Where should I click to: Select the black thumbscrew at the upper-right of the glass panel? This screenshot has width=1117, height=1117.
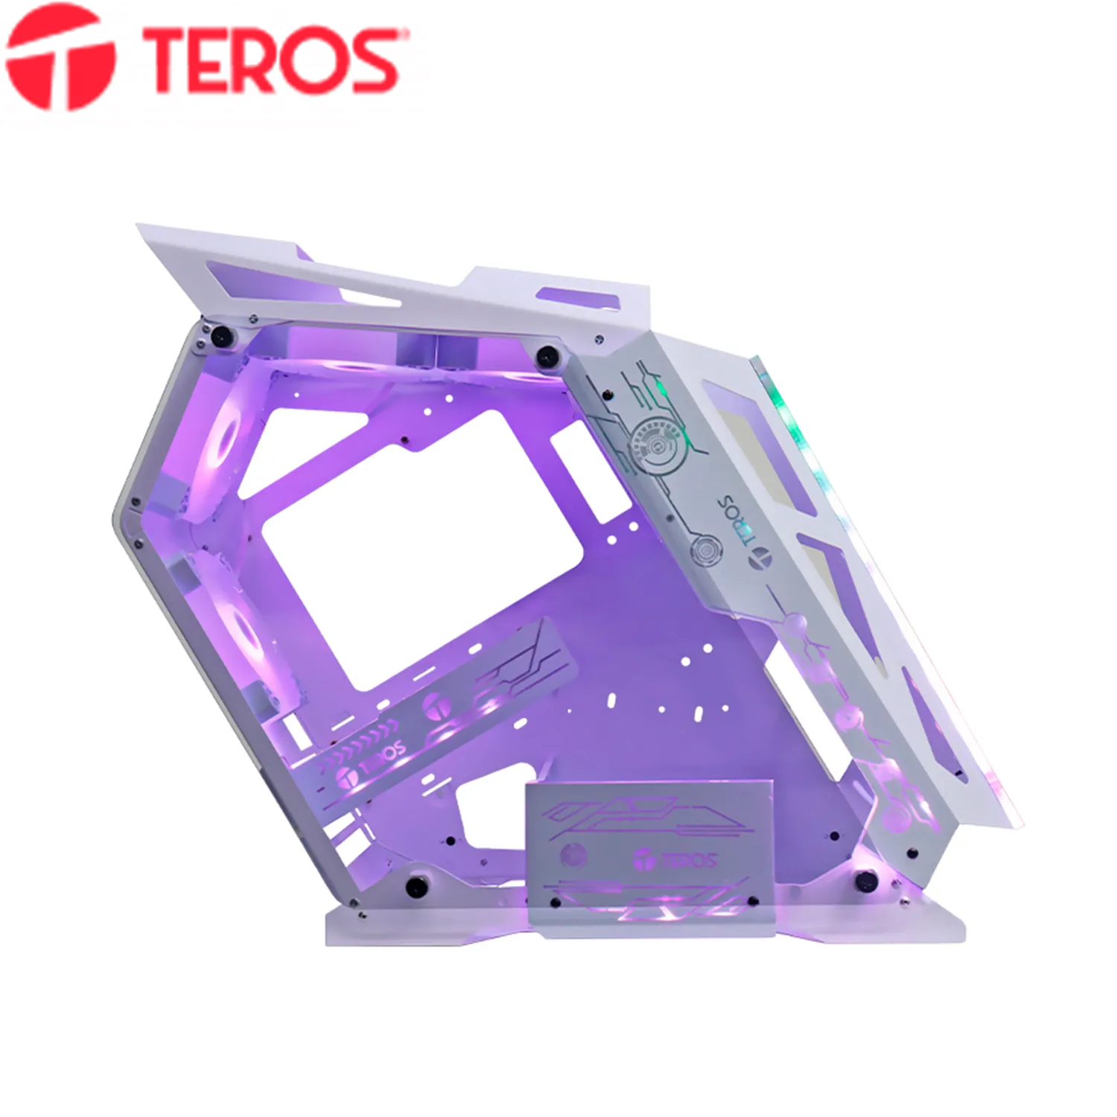(x=548, y=355)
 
